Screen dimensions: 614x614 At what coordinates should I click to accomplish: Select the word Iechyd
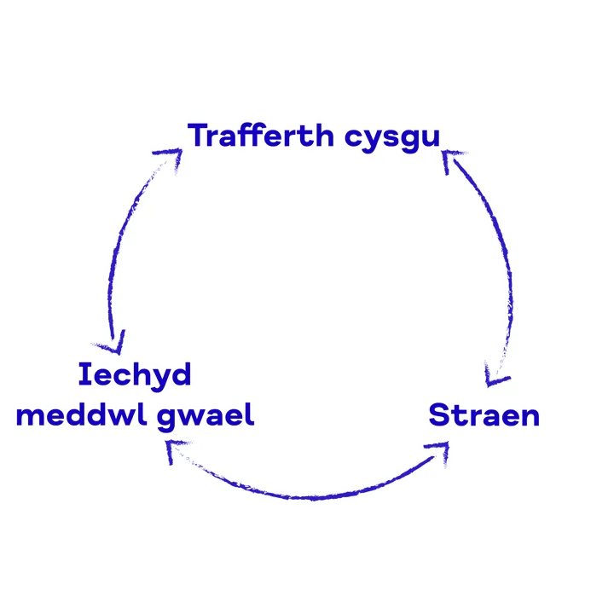pos(134,375)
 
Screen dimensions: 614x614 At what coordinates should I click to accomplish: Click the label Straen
pos(484,415)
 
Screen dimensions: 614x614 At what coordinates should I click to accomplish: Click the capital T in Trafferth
pos(199,135)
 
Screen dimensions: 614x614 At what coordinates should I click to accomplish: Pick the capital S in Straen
pos(439,415)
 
